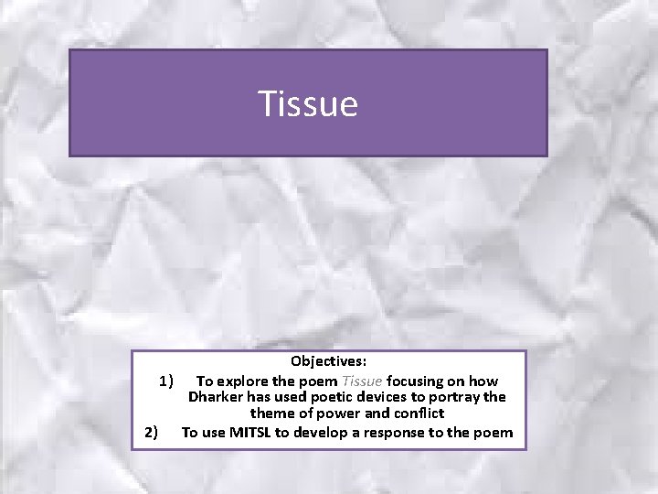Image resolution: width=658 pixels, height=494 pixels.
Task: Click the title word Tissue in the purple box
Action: (x=307, y=103)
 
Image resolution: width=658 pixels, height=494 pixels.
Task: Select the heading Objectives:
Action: (x=329, y=363)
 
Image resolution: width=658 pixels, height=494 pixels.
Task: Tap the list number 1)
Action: (x=166, y=381)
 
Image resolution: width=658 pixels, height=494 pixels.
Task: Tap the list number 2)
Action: (x=152, y=433)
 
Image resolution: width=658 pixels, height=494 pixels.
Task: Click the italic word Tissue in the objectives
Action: (x=364, y=381)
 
